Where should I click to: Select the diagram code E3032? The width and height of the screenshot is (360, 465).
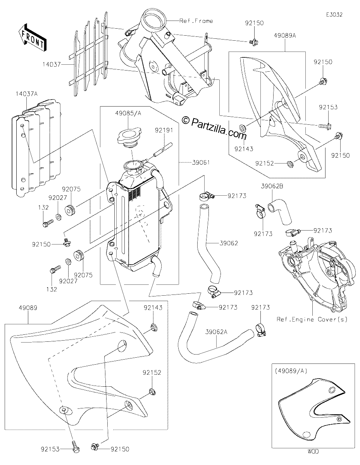[334, 15]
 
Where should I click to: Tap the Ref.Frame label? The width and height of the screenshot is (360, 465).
[196, 21]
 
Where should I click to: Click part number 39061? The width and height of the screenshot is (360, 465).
[201, 163]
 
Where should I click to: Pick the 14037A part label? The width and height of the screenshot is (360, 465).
[26, 94]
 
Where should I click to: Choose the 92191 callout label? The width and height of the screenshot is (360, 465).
[164, 130]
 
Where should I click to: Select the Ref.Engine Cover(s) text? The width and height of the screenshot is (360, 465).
[312, 319]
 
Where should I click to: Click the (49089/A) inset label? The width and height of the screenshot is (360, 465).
[291, 371]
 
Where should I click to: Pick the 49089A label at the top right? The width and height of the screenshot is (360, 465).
[285, 36]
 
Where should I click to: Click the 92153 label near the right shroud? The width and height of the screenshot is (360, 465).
[328, 107]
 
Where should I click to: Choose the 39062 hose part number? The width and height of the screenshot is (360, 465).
[229, 243]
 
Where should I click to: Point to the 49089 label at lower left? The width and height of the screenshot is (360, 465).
[28, 308]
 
